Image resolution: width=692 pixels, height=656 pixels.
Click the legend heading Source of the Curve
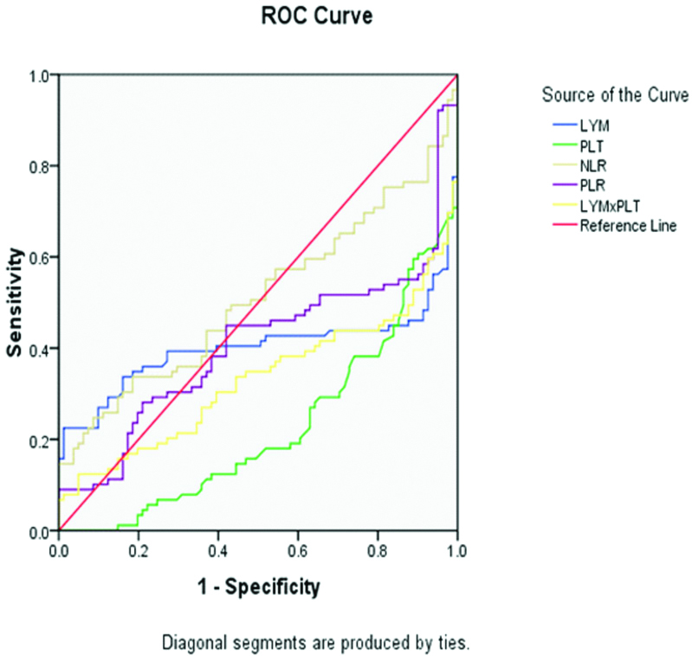coord(614,93)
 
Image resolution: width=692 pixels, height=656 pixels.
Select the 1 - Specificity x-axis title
coord(257,588)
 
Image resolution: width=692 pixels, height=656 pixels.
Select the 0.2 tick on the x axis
coord(138,549)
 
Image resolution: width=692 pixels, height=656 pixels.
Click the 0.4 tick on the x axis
coord(218,549)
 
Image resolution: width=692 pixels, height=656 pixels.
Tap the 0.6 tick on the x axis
coord(298,549)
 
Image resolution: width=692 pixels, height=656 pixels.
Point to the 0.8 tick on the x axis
coord(378,549)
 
